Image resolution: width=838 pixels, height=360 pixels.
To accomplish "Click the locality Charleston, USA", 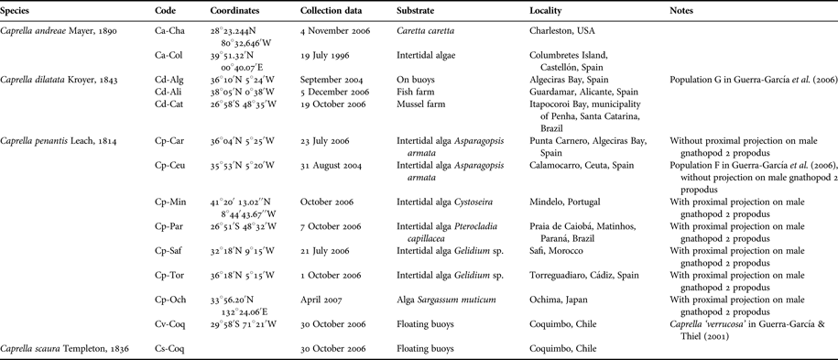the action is (x=562, y=30).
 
